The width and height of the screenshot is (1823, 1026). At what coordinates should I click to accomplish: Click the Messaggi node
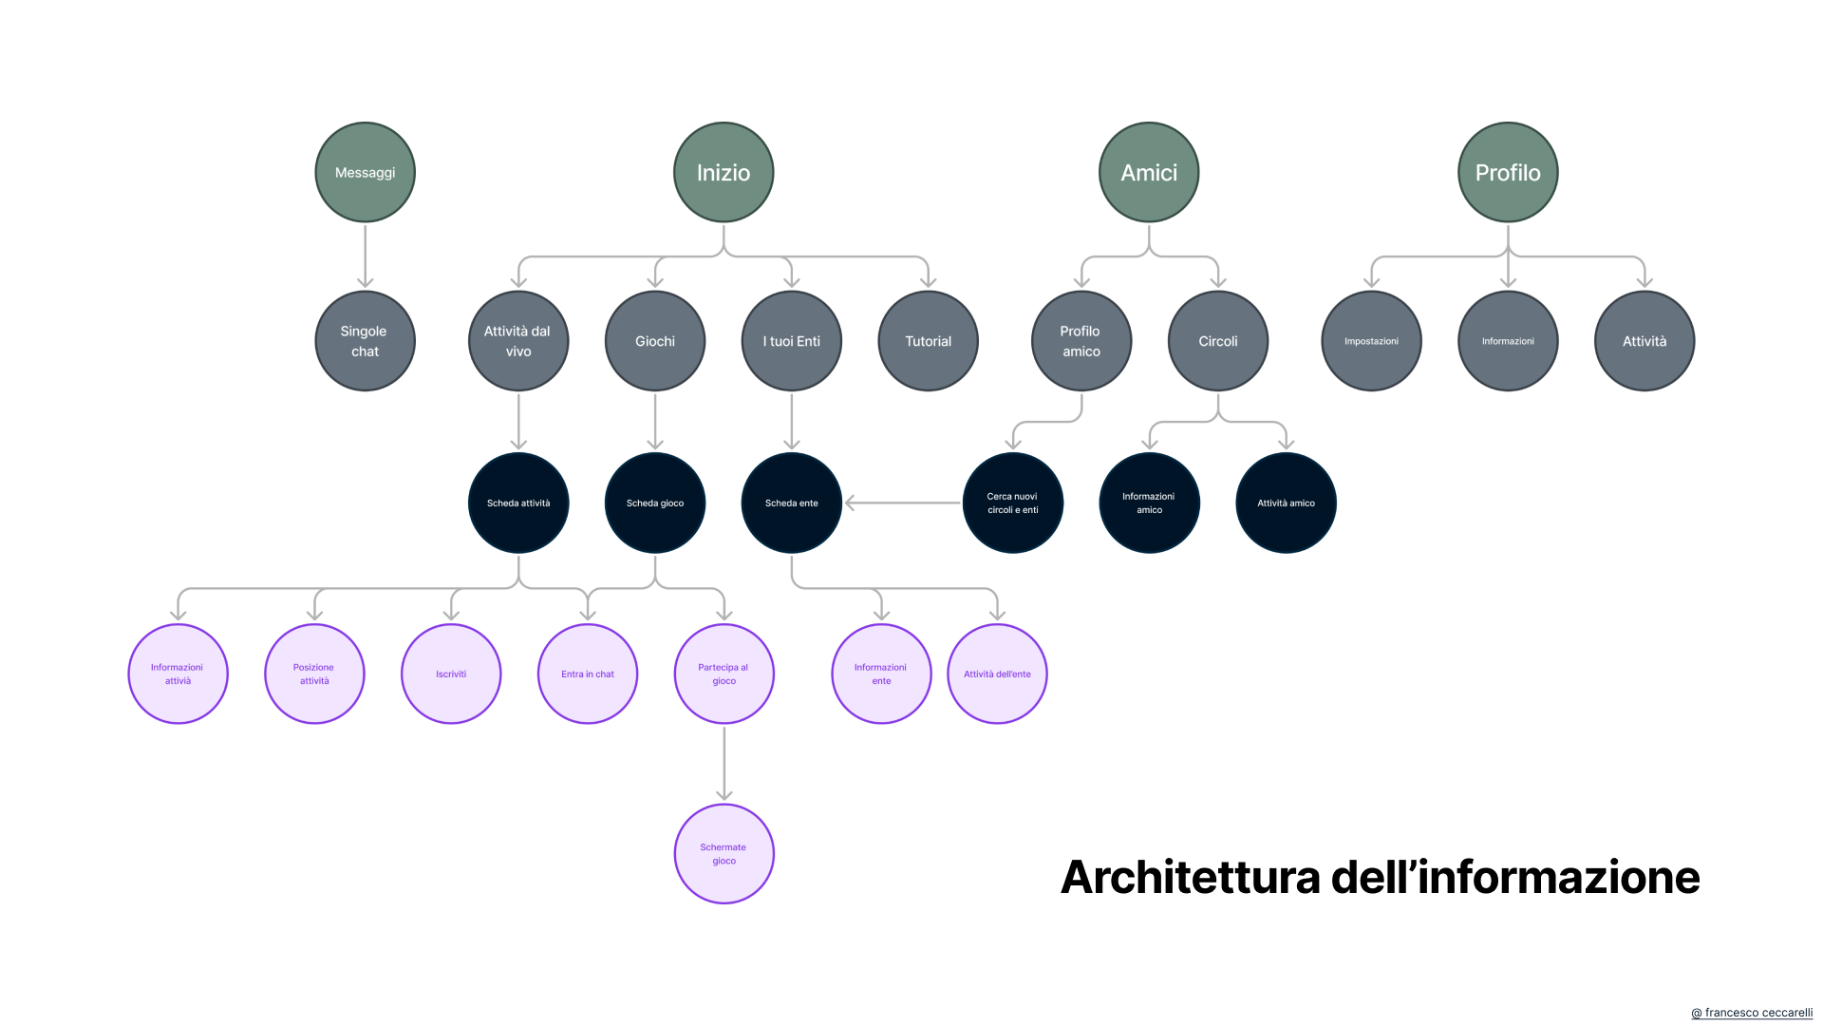[x=365, y=172]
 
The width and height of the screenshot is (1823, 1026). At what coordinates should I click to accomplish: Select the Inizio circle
[x=724, y=172]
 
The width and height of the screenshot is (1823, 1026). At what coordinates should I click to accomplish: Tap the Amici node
[x=1149, y=172]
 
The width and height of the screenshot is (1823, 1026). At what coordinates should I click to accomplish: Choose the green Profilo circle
[x=1508, y=172]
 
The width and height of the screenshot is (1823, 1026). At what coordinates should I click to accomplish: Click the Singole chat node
[x=365, y=341]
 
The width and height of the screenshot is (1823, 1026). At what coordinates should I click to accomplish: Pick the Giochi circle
[x=655, y=341]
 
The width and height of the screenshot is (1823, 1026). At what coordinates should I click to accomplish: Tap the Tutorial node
[x=928, y=341]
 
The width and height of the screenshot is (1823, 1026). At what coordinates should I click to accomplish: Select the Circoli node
[x=1218, y=341]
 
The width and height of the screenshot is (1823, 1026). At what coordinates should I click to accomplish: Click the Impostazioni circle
[x=1371, y=341]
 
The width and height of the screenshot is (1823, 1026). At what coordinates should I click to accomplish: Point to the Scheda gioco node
[x=655, y=503]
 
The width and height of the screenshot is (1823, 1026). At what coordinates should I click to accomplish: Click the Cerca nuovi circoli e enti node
[x=1013, y=503]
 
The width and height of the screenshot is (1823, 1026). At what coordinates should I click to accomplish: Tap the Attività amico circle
[x=1286, y=503]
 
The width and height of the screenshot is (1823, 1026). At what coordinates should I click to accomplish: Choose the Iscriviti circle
[x=451, y=674]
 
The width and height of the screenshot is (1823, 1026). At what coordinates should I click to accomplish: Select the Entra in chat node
[x=588, y=674]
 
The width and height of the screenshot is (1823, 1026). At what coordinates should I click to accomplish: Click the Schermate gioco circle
[x=724, y=854]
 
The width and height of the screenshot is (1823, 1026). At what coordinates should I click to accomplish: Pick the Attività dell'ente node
[x=997, y=674]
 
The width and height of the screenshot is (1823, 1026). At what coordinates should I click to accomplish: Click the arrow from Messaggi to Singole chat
[x=365, y=256]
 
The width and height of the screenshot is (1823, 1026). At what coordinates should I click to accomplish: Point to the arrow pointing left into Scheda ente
[x=902, y=503]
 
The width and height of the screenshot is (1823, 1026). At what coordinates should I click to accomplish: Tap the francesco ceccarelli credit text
[x=1753, y=1013]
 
